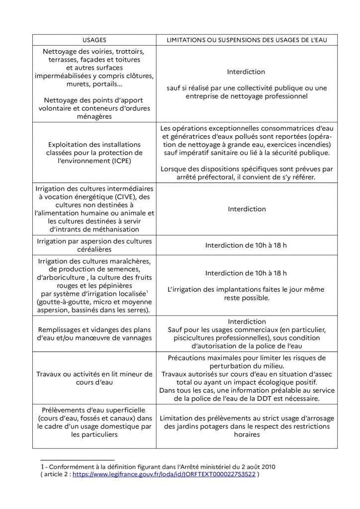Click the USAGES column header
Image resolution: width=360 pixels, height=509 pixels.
click(x=94, y=39)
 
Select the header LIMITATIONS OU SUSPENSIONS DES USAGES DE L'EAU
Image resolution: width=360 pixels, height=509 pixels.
click(x=247, y=39)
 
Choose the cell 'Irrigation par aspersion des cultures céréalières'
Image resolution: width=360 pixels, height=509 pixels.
click(x=94, y=245)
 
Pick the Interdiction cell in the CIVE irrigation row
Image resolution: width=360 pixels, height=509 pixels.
click(x=247, y=209)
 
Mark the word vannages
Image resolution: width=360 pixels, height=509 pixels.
click(x=134, y=338)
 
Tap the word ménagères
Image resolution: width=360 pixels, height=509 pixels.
click(x=94, y=116)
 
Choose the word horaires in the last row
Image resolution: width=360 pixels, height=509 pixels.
click(x=247, y=434)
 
